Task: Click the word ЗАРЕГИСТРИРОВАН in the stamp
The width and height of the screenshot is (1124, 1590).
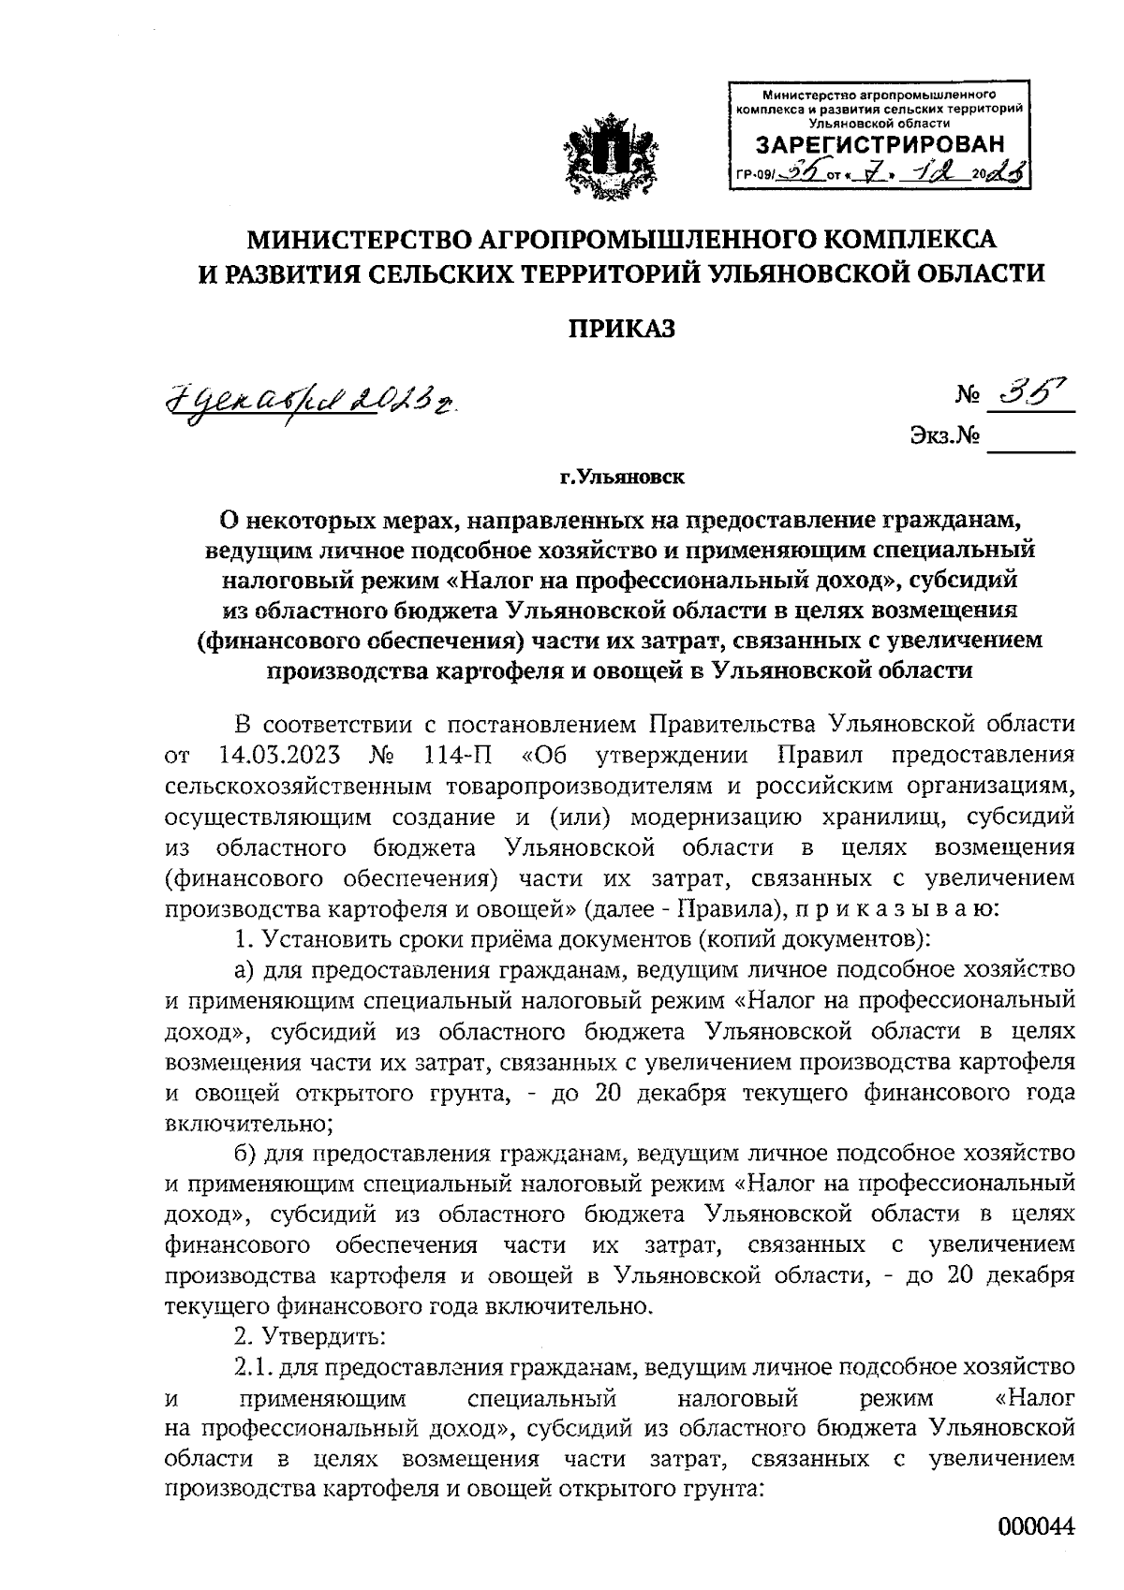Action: (x=880, y=145)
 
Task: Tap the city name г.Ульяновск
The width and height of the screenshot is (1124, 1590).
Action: (x=623, y=478)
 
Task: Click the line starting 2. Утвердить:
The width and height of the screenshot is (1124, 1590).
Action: (x=306, y=1333)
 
